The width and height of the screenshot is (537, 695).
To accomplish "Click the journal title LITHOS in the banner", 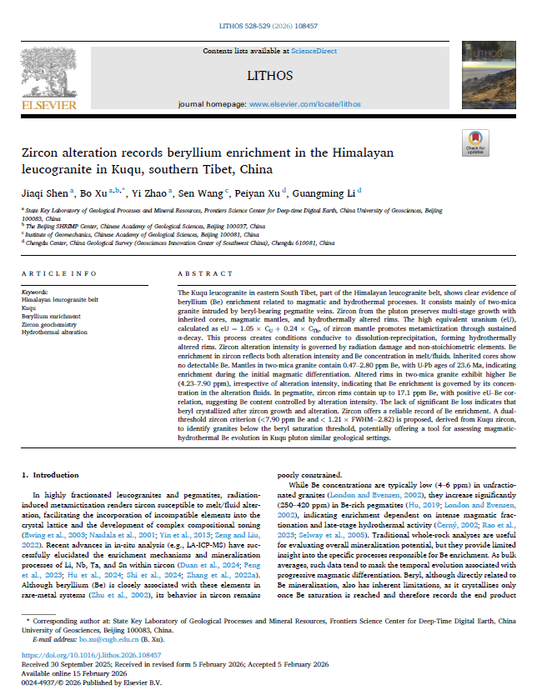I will point(269,75).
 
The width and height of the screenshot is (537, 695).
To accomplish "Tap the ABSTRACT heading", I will point(203,273).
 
